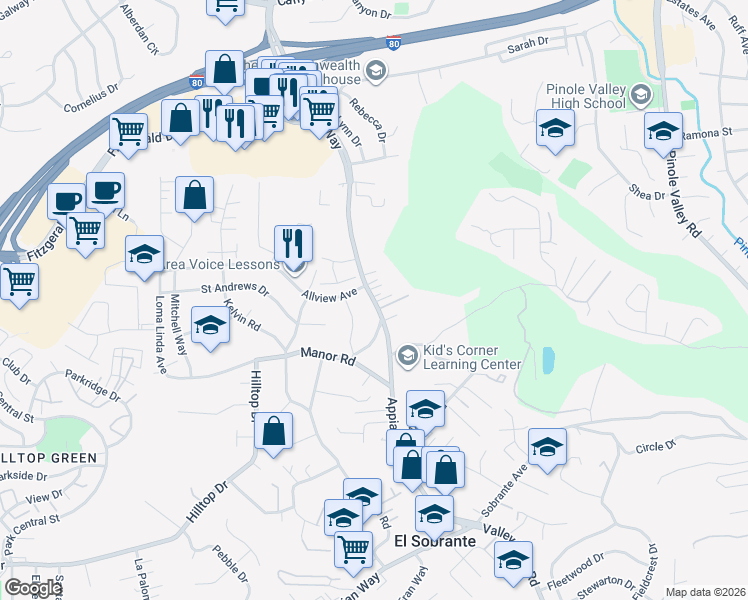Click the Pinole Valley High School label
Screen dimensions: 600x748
[586, 96]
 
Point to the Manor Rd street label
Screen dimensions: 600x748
[329, 356]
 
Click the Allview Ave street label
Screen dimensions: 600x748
[329, 296]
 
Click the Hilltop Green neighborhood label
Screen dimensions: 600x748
[50, 458]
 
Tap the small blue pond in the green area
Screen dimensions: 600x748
[548, 360]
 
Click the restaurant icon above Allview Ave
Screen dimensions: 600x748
[294, 243]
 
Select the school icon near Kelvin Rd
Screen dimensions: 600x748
[210, 327]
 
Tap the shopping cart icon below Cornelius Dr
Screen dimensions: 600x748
[129, 131]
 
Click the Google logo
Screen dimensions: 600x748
[33, 588]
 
